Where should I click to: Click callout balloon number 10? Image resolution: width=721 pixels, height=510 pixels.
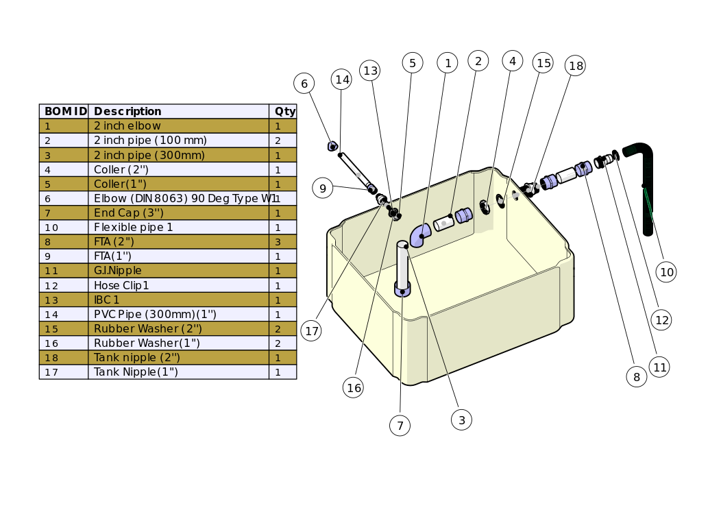(x=666, y=272)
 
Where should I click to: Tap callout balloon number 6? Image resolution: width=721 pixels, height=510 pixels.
(x=304, y=84)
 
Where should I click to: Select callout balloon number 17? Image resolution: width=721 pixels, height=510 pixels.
(x=312, y=331)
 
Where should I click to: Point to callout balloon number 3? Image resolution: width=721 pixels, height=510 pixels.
(x=461, y=420)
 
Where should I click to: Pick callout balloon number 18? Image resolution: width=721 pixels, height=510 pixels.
(x=576, y=66)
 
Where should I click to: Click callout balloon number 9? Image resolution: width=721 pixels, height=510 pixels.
(x=322, y=187)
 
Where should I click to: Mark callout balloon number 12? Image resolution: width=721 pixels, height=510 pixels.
(x=661, y=319)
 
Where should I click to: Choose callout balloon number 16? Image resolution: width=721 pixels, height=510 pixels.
(x=354, y=387)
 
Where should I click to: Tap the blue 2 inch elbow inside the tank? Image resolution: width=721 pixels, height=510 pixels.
(x=420, y=234)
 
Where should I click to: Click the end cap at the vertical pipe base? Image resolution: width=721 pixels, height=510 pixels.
(x=402, y=291)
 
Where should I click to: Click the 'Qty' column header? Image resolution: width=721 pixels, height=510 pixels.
(x=284, y=111)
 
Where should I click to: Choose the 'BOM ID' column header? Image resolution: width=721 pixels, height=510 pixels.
(x=64, y=111)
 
